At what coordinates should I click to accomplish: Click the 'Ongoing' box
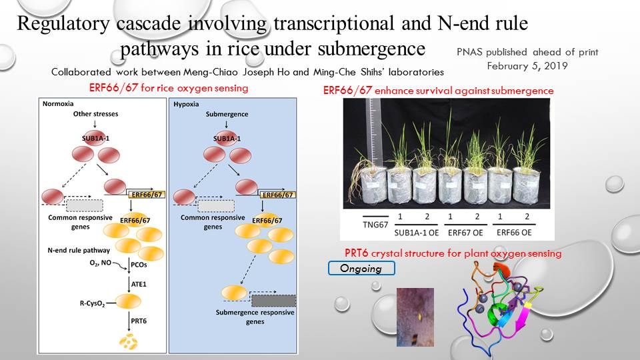[361, 268]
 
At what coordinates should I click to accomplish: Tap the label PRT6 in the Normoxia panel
[139, 321]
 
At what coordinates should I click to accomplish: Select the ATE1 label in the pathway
[139, 284]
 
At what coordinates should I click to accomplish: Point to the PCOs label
[139, 265]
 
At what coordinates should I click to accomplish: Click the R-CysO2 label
[92, 304]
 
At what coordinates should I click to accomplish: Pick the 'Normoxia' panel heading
[58, 104]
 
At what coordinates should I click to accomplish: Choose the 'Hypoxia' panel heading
[186, 104]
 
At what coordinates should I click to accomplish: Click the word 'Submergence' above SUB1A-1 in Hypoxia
[227, 114]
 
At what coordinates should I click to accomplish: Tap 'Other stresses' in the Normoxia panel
[95, 114]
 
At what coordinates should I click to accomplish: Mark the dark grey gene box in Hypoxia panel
[273, 301]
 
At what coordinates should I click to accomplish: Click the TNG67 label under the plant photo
[375, 225]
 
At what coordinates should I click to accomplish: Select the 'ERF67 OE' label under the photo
[465, 233]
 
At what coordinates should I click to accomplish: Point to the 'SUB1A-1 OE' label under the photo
[416, 233]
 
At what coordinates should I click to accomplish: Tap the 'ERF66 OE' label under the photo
[514, 233]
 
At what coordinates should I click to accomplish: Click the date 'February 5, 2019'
[527, 66]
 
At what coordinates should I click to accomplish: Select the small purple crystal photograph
[415, 317]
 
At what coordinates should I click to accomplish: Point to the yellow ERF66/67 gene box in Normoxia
[147, 195]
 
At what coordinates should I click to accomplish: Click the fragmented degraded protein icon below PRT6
[128, 341]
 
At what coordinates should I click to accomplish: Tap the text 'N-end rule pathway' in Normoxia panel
[79, 250]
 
